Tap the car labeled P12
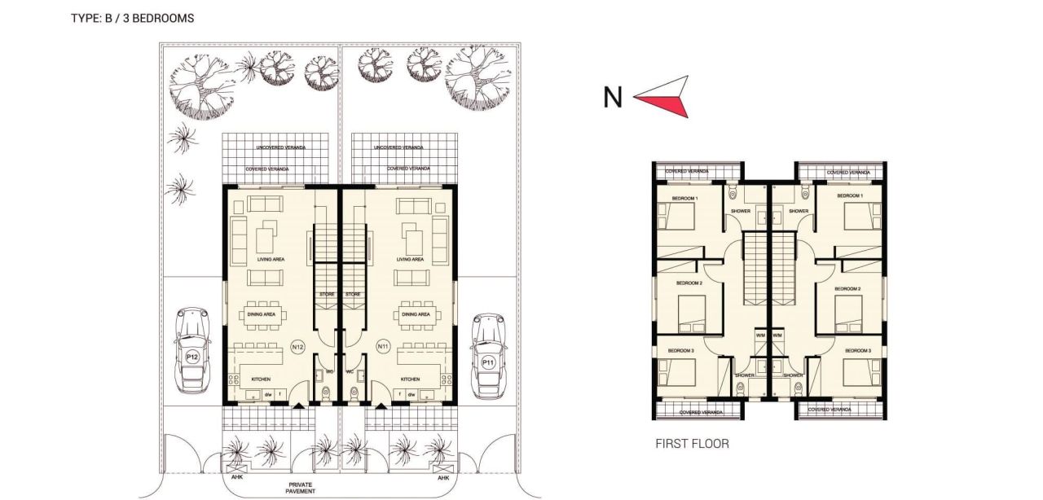click(192, 348)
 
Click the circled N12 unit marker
click(298, 347)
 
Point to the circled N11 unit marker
click(383, 347)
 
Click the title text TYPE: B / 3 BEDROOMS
click(132, 18)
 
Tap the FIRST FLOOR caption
click(692, 444)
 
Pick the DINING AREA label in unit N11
click(416, 314)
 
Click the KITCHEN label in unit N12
click(261, 379)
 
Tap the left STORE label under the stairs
click(327, 294)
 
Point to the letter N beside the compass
click(613, 98)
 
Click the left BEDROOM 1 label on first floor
click(684, 198)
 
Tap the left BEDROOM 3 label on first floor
click(680, 350)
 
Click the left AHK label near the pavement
click(238, 478)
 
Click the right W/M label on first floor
click(777, 335)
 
